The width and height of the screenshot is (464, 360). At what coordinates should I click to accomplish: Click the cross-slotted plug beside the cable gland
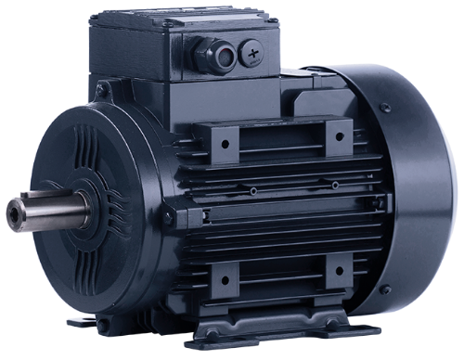[x=254, y=55]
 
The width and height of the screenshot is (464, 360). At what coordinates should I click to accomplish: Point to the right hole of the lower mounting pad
[x=338, y=273]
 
